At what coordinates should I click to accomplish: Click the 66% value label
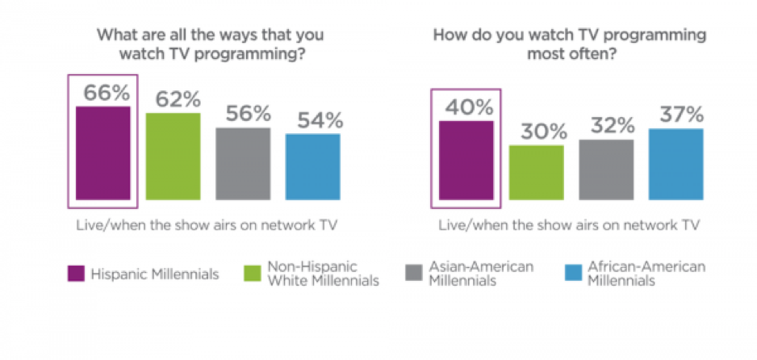[103, 92]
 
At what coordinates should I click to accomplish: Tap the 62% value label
[174, 99]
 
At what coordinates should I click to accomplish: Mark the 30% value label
[536, 132]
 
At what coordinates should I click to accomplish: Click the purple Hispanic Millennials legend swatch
[76, 274]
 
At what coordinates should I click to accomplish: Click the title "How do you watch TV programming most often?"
[569, 45]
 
